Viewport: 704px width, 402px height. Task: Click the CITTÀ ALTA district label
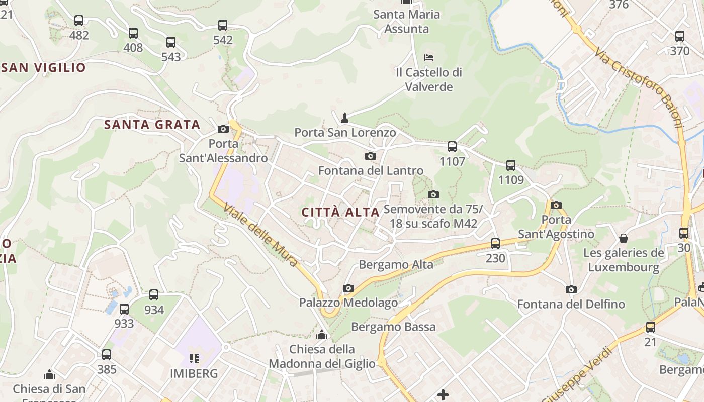pyautogui.click(x=340, y=213)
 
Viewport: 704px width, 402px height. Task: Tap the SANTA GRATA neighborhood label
pyautogui.click(x=152, y=125)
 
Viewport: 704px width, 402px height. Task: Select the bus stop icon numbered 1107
pyautogui.click(x=452, y=147)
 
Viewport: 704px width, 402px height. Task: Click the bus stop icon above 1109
pyautogui.click(x=511, y=165)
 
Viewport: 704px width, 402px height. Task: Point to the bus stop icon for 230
pyautogui.click(x=495, y=244)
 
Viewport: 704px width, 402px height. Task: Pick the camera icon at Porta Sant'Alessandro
pyautogui.click(x=223, y=129)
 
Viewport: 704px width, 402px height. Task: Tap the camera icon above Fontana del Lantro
pyautogui.click(x=371, y=156)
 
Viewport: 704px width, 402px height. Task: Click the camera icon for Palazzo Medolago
pyautogui.click(x=348, y=288)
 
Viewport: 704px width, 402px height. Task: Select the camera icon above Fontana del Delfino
pyautogui.click(x=571, y=290)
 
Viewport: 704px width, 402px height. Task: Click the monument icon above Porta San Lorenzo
pyautogui.click(x=345, y=118)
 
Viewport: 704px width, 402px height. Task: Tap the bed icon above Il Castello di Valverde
pyautogui.click(x=429, y=57)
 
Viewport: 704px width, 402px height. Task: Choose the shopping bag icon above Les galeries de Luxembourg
pyautogui.click(x=624, y=238)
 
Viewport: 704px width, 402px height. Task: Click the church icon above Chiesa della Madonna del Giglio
pyautogui.click(x=322, y=335)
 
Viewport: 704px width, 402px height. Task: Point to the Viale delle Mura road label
pyautogui.click(x=261, y=234)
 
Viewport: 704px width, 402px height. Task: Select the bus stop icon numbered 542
pyautogui.click(x=223, y=25)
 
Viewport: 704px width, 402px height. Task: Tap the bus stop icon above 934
pyautogui.click(x=154, y=295)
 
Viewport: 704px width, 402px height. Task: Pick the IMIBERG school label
pyautogui.click(x=194, y=374)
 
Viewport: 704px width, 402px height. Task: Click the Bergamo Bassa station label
pyautogui.click(x=393, y=327)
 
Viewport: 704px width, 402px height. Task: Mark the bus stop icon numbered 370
pyautogui.click(x=680, y=36)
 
